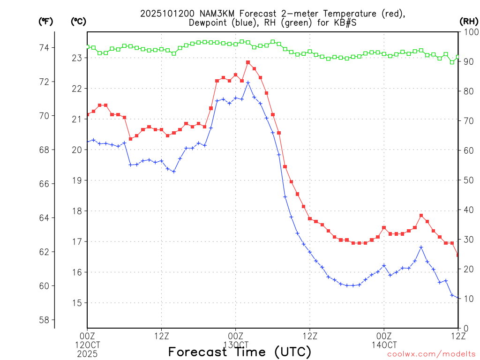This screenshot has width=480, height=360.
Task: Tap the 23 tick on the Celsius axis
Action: click(76, 58)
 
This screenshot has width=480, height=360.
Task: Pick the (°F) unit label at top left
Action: click(46, 21)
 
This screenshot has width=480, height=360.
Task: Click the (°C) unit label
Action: click(78, 21)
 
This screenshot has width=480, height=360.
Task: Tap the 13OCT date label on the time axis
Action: click(235, 345)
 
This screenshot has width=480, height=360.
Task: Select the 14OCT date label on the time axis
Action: click(384, 345)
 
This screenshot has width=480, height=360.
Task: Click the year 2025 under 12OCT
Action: click(87, 353)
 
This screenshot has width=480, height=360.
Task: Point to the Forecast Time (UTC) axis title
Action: click(240, 352)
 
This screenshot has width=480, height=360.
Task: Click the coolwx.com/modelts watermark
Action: click(432, 354)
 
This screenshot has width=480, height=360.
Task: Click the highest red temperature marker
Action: click(248, 62)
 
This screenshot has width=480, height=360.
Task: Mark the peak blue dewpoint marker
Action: click(248, 82)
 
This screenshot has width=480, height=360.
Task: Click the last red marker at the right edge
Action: click(458, 255)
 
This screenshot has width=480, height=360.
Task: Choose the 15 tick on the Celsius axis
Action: click(76, 303)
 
